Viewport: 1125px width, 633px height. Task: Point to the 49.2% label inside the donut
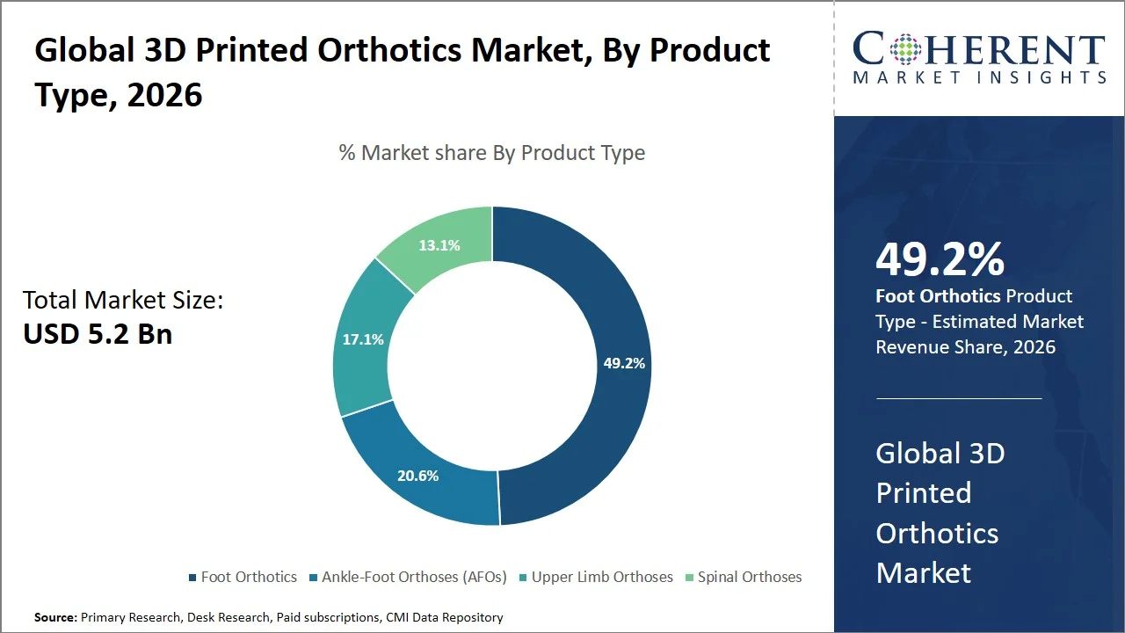[624, 362]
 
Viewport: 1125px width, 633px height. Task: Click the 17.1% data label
[363, 338]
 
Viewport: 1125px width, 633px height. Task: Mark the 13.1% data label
[439, 245]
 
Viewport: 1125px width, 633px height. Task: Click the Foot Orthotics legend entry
[249, 578]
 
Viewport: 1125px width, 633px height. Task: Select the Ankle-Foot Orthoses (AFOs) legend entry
[414, 578]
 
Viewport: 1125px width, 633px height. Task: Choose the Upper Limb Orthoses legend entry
[602, 578]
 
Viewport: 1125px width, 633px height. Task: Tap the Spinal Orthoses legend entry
[749, 578]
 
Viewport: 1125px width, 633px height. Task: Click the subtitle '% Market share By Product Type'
[492, 153]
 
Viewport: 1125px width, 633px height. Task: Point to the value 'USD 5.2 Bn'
[98, 334]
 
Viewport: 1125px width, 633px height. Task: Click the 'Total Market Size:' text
[123, 301]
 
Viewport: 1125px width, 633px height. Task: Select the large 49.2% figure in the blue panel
[940, 259]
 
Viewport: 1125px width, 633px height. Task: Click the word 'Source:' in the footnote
[55, 618]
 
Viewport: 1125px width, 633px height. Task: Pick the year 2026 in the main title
[164, 94]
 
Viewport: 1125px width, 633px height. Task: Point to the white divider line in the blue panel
[959, 398]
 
